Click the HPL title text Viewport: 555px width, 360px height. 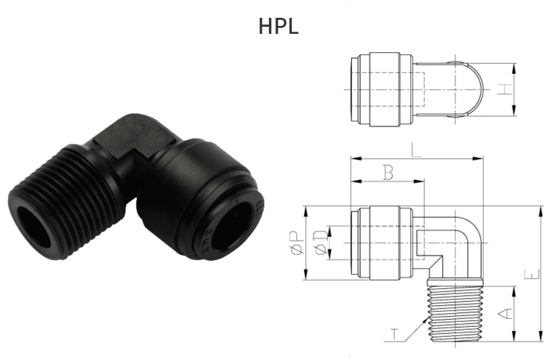point(278,27)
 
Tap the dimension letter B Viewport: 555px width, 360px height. point(388,173)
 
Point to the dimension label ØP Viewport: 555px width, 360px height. point(302,244)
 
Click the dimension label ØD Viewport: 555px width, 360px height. point(321,243)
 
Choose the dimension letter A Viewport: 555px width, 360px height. point(505,312)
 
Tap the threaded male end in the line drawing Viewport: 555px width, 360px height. point(455,312)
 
